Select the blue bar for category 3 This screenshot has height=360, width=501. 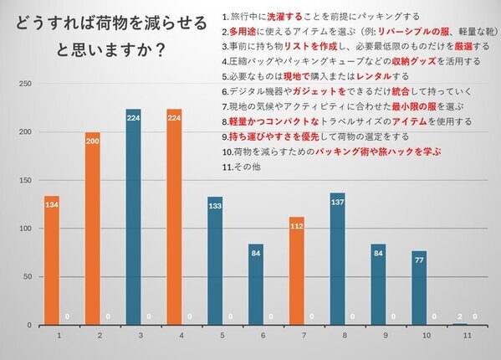pos(133,217)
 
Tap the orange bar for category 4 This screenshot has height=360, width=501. pos(174,217)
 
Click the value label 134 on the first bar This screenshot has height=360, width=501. pos(51,206)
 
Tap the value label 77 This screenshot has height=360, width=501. pos(418,261)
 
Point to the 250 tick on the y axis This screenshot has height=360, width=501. pos(26,84)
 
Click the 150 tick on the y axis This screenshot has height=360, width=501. pos(26,180)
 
